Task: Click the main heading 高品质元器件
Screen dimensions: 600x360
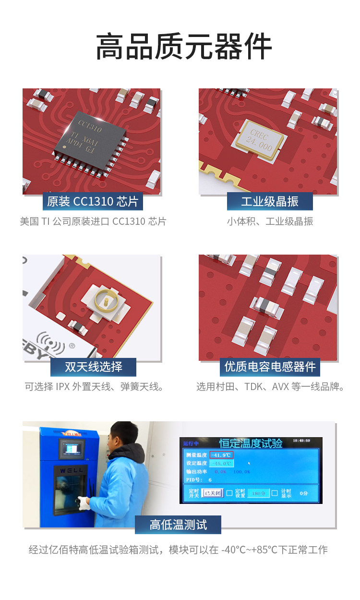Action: tap(184, 47)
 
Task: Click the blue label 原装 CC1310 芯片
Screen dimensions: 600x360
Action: tap(93, 201)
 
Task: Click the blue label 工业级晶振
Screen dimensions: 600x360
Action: tap(270, 201)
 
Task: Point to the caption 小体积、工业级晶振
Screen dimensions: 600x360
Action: tap(270, 221)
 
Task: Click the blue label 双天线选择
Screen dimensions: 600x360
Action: tap(93, 367)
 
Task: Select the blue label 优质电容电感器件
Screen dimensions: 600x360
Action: tap(270, 367)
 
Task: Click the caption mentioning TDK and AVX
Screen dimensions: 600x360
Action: tap(270, 387)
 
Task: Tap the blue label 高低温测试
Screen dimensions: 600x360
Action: tap(178, 525)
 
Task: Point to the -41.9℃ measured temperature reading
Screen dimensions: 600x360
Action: tap(221, 455)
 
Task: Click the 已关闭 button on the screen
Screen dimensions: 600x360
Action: tap(212, 493)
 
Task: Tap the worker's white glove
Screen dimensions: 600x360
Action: tap(84, 502)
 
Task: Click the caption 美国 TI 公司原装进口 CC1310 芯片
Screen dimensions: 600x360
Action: tap(93, 221)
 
